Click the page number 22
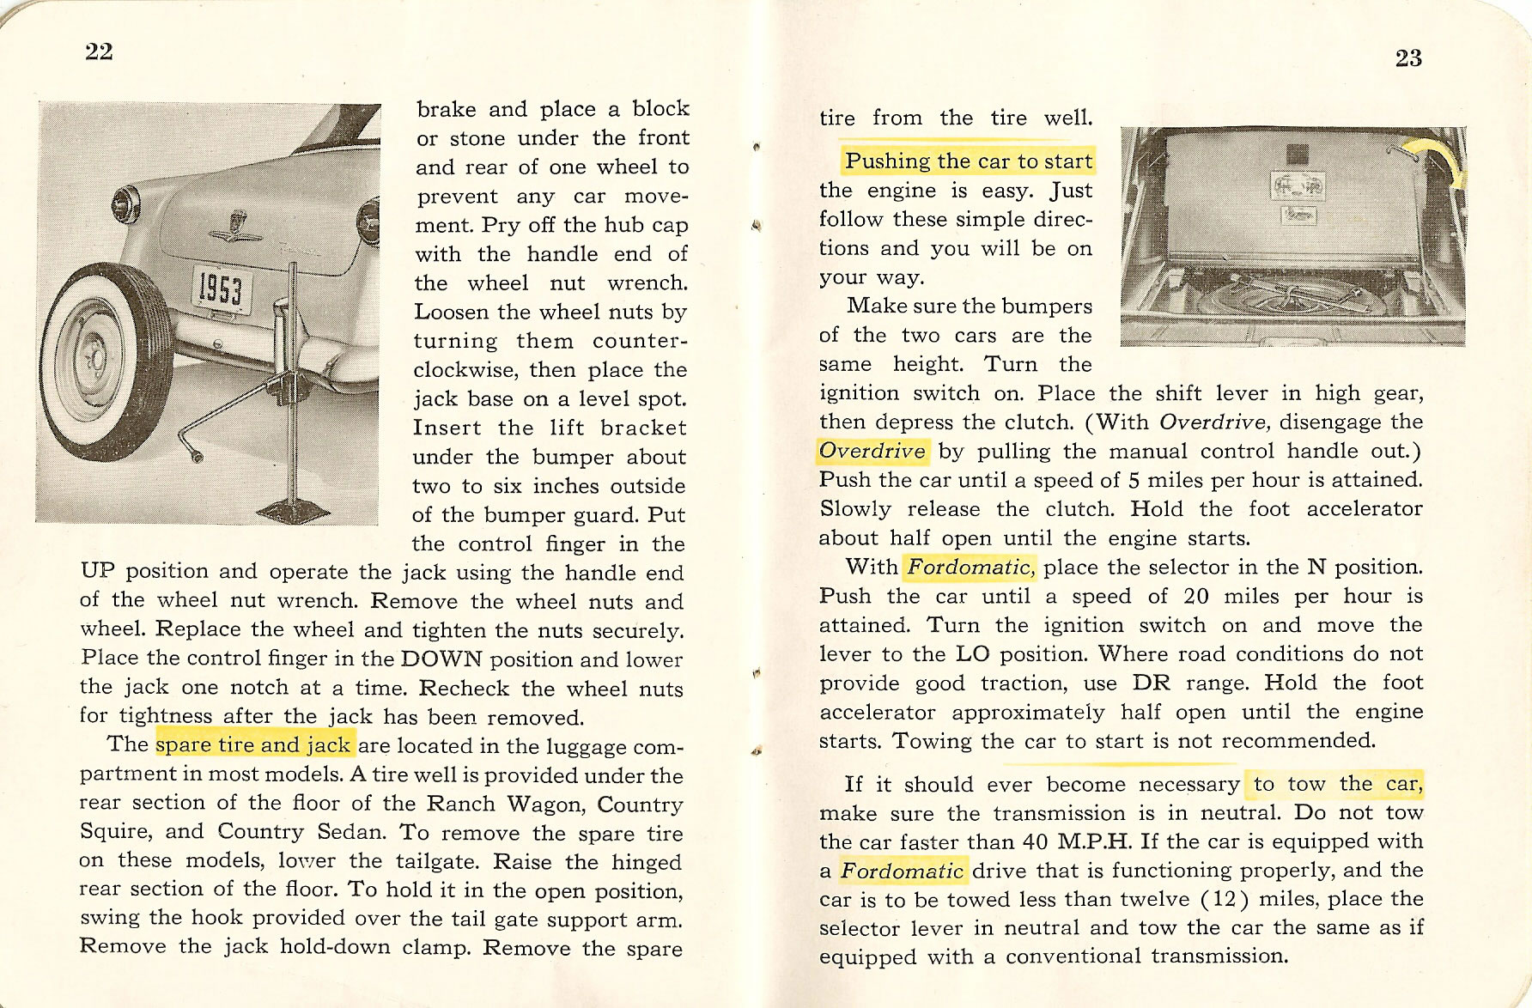99,52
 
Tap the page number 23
1408,58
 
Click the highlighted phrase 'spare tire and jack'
254,744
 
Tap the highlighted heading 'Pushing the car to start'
968,161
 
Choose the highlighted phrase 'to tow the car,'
1337,784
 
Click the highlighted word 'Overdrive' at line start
872,451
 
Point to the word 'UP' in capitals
96,572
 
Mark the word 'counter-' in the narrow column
640,341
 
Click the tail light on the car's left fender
128,204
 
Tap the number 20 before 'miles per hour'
1196,596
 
